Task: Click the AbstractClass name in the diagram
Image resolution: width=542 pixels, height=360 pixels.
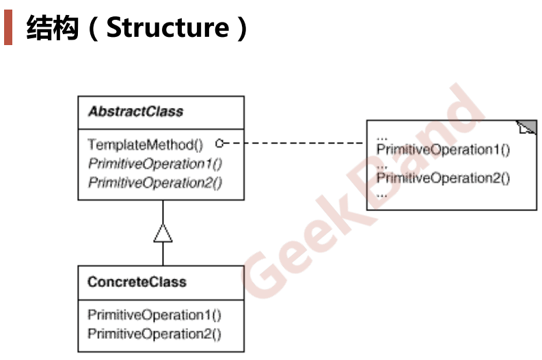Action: coord(135,111)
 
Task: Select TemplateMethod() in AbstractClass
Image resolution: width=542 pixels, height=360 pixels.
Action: coord(146,145)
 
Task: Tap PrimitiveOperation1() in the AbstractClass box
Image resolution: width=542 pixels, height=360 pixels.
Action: coord(155,163)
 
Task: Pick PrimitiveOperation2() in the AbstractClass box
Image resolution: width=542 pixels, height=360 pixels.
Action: coord(155,182)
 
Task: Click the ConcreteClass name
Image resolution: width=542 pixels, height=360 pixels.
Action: coord(137,281)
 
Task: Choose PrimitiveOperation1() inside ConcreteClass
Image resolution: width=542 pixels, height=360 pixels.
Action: coord(154,315)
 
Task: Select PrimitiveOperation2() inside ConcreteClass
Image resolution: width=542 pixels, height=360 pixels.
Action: coord(154,334)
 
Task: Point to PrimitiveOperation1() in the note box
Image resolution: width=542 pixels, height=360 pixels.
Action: coord(443,150)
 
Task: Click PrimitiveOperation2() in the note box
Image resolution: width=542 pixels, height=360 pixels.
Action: coord(443,178)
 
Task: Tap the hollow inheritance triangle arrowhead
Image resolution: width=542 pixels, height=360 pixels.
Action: coord(163,234)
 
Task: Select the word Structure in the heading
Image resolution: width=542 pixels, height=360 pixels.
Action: coord(167,28)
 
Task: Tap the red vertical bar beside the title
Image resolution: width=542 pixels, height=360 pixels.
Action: coord(8,28)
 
